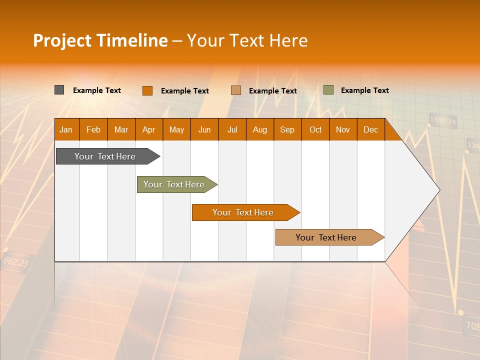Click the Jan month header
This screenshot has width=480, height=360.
click(x=66, y=129)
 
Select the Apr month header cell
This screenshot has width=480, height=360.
click(x=148, y=129)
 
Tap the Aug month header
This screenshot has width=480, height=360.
click(x=259, y=129)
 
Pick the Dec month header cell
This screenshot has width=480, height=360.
click(x=370, y=129)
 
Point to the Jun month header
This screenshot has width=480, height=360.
click(x=204, y=129)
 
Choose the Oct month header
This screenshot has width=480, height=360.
click(x=315, y=129)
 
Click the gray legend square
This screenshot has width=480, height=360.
click(x=59, y=90)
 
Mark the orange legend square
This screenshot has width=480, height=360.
click(x=147, y=90)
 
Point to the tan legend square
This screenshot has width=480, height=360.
click(x=236, y=90)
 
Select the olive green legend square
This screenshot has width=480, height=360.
click(x=328, y=90)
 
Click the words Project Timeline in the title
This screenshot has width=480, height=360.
click(x=100, y=40)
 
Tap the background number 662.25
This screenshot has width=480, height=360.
click(x=15, y=261)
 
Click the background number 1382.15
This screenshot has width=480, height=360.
click(x=443, y=120)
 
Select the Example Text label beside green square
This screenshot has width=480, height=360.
click(x=364, y=90)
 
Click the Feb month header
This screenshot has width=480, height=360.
click(x=93, y=129)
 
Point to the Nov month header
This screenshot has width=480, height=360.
click(x=342, y=129)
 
